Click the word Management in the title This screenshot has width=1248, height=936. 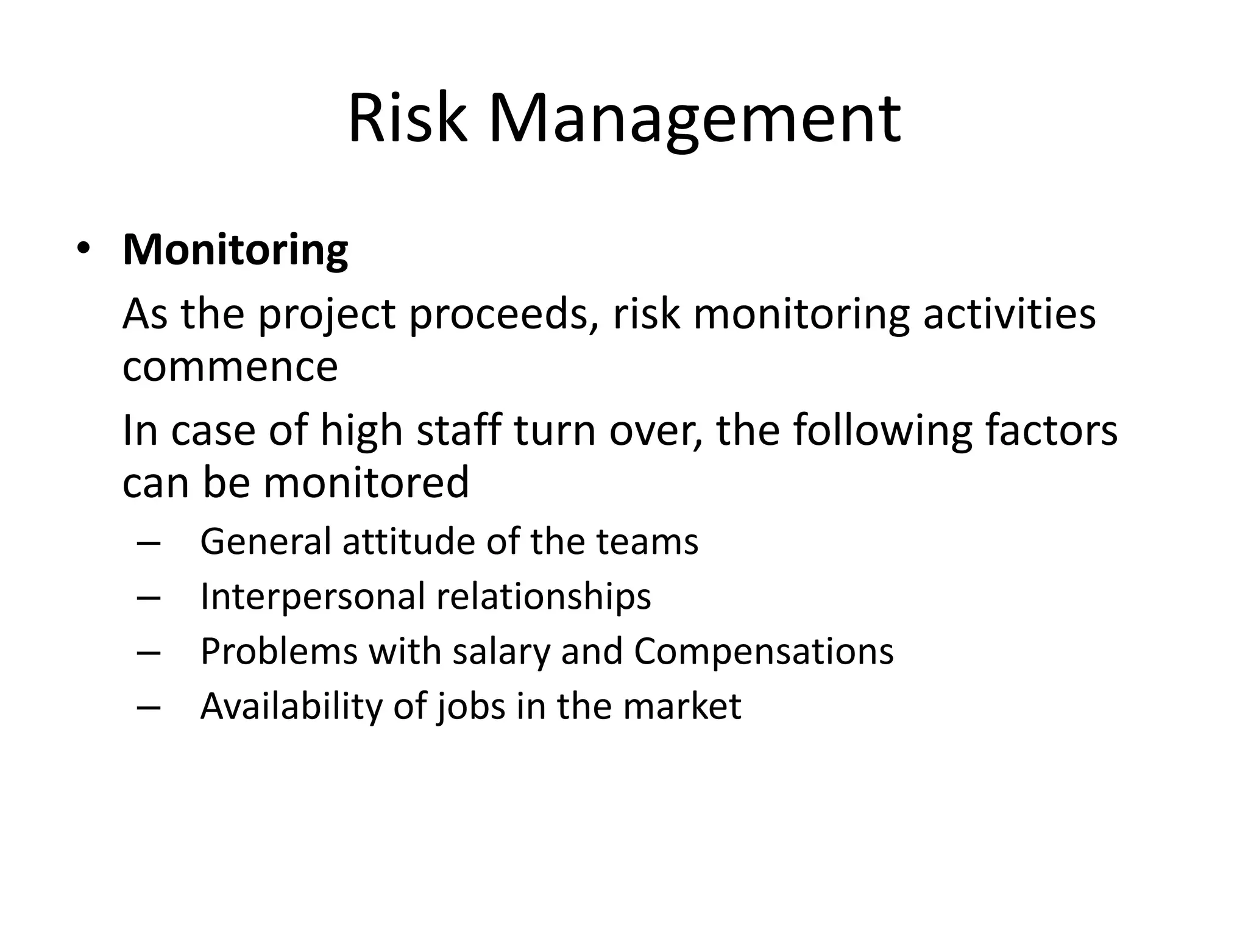[x=694, y=120]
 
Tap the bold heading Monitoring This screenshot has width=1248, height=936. [x=235, y=250]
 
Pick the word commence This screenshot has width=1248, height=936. [x=230, y=367]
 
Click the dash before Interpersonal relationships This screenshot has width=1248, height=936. [x=149, y=598]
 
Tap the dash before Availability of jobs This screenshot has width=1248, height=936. [x=149, y=707]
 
